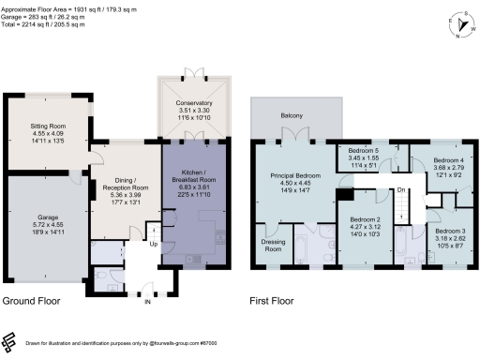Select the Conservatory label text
[x=191, y=102]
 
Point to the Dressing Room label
[x=273, y=245]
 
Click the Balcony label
[x=292, y=117]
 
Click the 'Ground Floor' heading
[x=33, y=301]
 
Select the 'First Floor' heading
[x=273, y=301]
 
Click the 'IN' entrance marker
[x=146, y=302]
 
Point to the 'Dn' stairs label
[x=400, y=189]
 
